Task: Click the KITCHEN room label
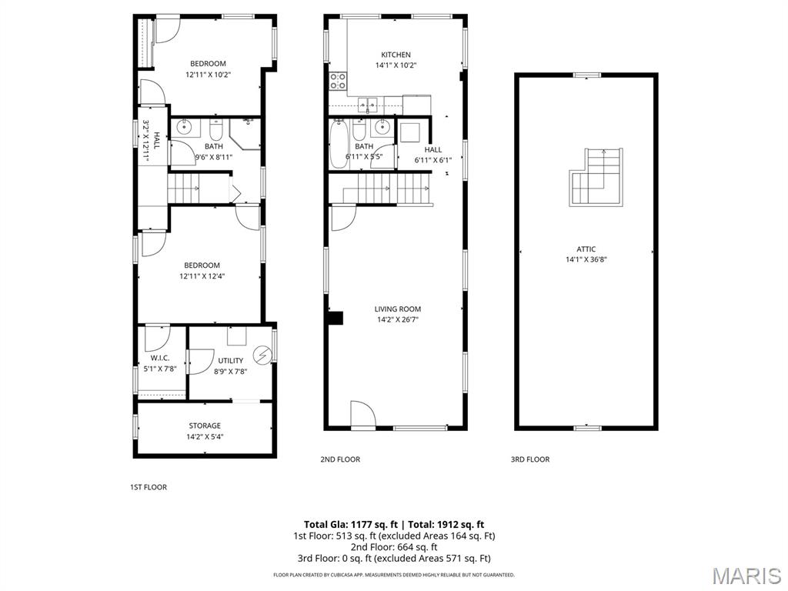(396, 55)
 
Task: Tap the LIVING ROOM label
(398, 309)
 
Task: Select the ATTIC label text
(586, 249)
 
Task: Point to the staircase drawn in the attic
(596, 178)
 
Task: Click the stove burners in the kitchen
(338, 81)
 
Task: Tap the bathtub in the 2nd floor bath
(339, 144)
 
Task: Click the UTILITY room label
(230, 360)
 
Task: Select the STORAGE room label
(205, 426)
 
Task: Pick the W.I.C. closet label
(160, 359)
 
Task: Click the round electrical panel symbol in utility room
(263, 355)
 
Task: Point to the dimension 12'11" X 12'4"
(202, 276)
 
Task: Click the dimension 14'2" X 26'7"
(398, 319)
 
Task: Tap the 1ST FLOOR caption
(148, 487)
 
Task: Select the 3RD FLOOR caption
(530, 459)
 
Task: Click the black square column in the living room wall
(334, 318)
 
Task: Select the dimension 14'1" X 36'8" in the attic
(586, 259)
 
